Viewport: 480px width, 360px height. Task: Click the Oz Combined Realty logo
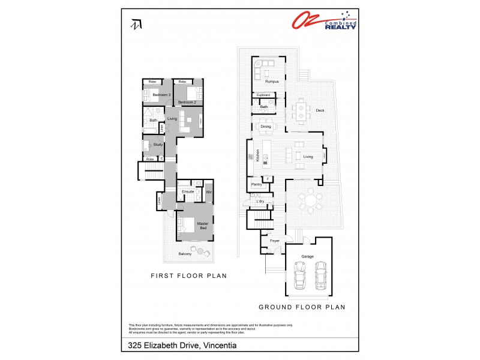325,20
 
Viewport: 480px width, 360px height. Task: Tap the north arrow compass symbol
136,25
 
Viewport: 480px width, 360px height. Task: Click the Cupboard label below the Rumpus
263,95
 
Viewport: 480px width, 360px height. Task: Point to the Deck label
320,110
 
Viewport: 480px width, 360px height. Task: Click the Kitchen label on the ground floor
258,156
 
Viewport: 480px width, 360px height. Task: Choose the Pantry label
255,184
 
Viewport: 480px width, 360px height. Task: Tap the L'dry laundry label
260,200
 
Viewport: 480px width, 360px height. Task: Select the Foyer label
274,241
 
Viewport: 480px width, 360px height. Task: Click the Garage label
308,256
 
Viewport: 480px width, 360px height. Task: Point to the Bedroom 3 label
161,95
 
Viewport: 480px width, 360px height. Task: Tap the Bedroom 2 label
187,103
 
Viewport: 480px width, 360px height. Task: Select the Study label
158,145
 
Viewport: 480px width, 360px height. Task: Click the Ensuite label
188,191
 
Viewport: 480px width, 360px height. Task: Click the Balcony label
185,254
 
